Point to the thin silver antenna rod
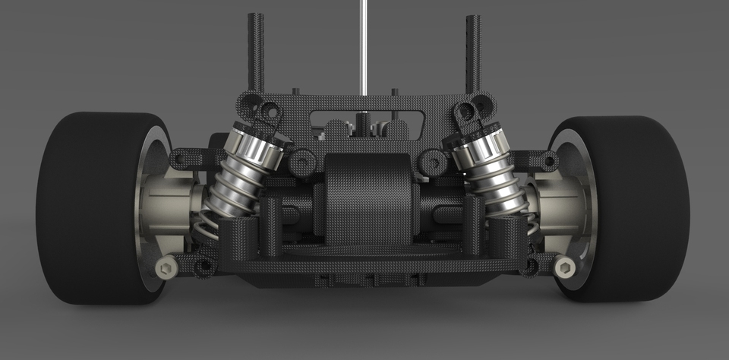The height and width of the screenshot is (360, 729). [364, 46]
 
